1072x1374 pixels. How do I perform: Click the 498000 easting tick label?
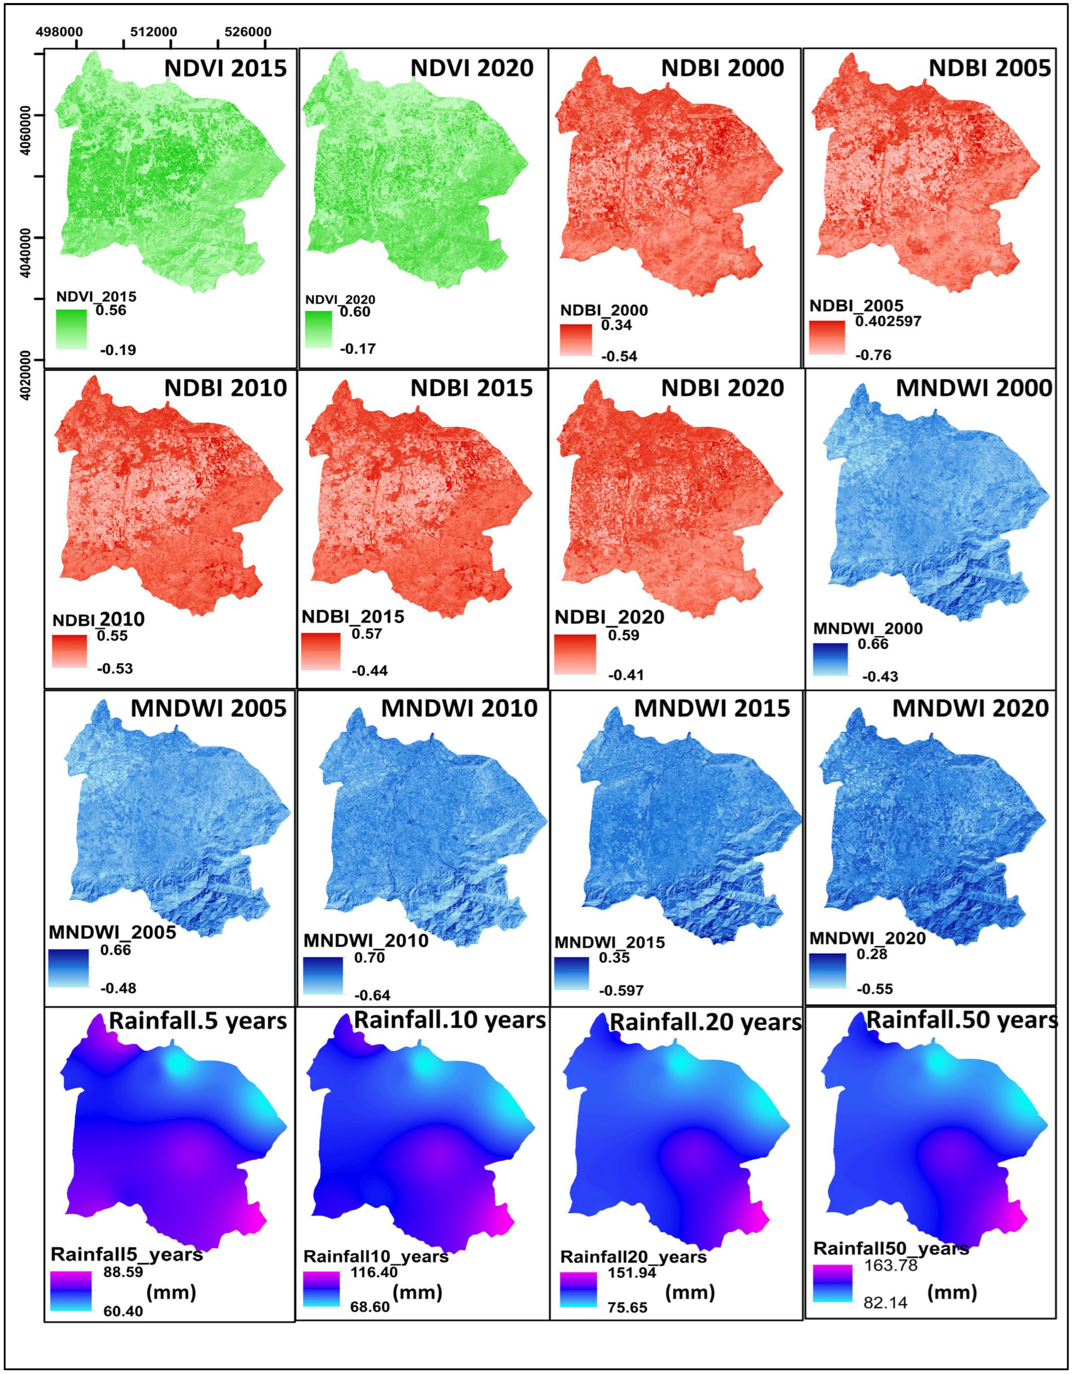point(59,31)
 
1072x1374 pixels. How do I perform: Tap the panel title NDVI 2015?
point(225,68)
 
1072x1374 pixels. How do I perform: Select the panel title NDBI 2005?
point(990,68)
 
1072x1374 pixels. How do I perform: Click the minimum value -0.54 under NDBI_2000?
point(619,357)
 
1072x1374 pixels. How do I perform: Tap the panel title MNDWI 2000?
point(974,388)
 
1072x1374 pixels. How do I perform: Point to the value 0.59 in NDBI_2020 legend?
point(623,635)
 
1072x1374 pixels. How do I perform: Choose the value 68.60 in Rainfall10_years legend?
point(370,1307)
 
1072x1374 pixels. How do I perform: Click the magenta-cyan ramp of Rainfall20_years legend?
point(577,1290)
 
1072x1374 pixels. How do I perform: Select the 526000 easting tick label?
point(248,31)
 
